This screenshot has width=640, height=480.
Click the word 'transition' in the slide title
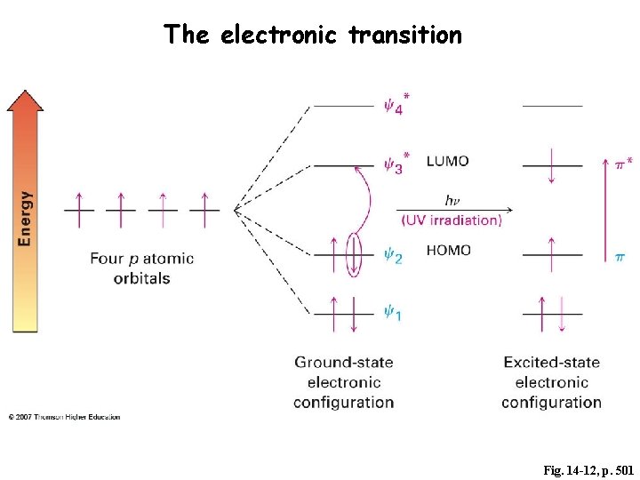(405, 35)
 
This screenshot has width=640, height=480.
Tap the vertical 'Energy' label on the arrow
(26, 218)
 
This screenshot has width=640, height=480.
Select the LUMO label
(447, 161)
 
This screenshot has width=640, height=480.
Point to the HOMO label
(448, 251)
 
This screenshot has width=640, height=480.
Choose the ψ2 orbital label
(393, 256)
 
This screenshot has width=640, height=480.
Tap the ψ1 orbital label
(392, 313)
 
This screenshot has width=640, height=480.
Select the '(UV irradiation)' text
(452, 220)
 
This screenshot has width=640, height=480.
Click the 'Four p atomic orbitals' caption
(141, 268)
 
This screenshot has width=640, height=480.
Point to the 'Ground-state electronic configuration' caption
(344, 382)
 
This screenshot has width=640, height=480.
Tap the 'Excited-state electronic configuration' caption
(551, 382)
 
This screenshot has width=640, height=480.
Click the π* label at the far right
(624, 164)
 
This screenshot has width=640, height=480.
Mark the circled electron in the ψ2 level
(355, 254)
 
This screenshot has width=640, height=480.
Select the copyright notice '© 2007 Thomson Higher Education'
(64, 417)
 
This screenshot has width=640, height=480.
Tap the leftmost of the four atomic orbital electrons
(79, 209)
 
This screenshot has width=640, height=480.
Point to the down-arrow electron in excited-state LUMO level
(552, 166)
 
